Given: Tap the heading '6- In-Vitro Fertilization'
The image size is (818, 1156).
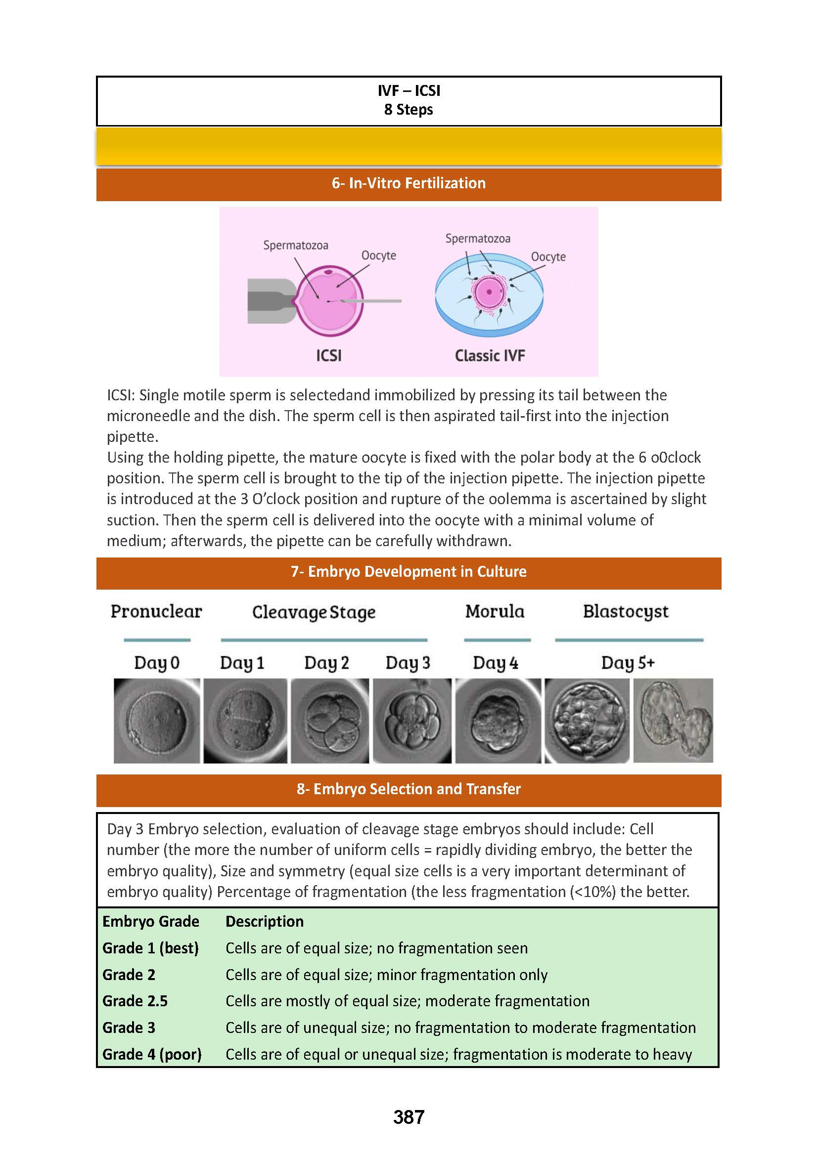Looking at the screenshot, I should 409,183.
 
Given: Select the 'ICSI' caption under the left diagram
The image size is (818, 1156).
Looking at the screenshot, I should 328,356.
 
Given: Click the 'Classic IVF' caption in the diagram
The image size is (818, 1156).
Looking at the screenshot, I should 490,356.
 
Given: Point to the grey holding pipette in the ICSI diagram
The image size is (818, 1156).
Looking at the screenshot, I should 270,300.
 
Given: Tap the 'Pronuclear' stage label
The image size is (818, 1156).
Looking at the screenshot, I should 156,611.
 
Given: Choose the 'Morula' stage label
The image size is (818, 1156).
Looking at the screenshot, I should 495,611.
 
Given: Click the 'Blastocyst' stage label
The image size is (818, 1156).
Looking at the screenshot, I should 626,611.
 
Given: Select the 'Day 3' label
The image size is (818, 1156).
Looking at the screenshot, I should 408,663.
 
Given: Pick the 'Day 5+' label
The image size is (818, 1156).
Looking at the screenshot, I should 628,663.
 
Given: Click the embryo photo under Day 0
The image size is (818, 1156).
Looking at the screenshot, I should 157,721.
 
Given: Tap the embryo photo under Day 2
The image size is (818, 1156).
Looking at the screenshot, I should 330,721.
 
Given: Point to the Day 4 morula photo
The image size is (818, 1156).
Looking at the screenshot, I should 498,721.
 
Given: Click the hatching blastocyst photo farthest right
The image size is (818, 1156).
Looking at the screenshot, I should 673,721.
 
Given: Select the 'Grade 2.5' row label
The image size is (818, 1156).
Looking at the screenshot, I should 135,1001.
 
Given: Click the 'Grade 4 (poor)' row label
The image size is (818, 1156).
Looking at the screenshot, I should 152,1054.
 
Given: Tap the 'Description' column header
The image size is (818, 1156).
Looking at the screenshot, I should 265,921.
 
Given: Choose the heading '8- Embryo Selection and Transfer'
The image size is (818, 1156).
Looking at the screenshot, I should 409,789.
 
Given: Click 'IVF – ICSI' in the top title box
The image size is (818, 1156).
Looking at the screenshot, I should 409,90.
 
